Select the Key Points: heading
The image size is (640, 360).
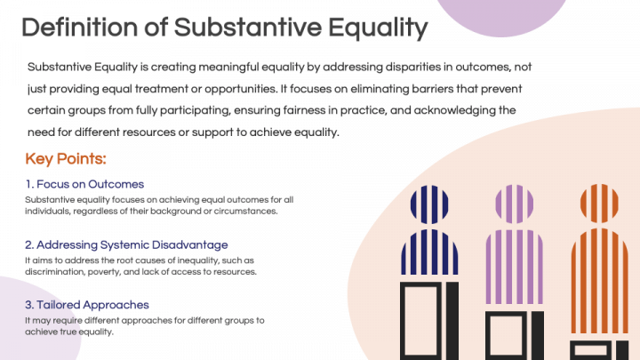(x=66, y=159)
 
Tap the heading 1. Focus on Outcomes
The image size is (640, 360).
(x=85, y=184)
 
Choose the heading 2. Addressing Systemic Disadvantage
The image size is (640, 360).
(x=127, y=244)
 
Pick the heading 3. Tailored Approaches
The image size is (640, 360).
(x=87, y=305)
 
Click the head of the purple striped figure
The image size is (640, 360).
(x=513, y=204)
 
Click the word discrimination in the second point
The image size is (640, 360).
(x=56, y=271)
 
